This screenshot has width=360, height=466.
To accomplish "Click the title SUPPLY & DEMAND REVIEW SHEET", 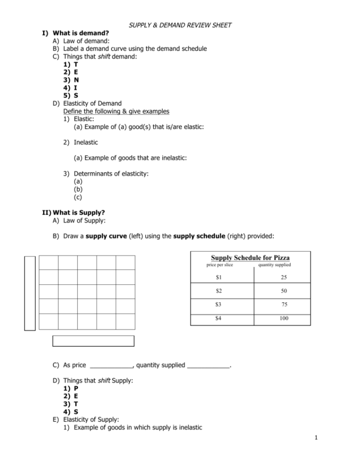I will pyautogui.click(x=180, y=25).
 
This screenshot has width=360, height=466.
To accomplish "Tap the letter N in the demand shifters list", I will pyautogui.click(x=76, y=80).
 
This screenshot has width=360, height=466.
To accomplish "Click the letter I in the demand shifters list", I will pyautogui.click(x=76, y=87).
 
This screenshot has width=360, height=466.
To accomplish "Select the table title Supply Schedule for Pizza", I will pyautogui.click(x=250, y=258).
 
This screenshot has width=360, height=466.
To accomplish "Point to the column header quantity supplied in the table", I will pyautogui.click(x=274, y=265).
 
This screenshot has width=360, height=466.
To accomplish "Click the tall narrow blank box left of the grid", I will pyautogui.click(x=30, y=293).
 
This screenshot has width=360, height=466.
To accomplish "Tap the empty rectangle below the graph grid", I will pyautogui.click(x=93, y=341).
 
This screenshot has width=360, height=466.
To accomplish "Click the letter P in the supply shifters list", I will pyautogui.click(x=76, y=388).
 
